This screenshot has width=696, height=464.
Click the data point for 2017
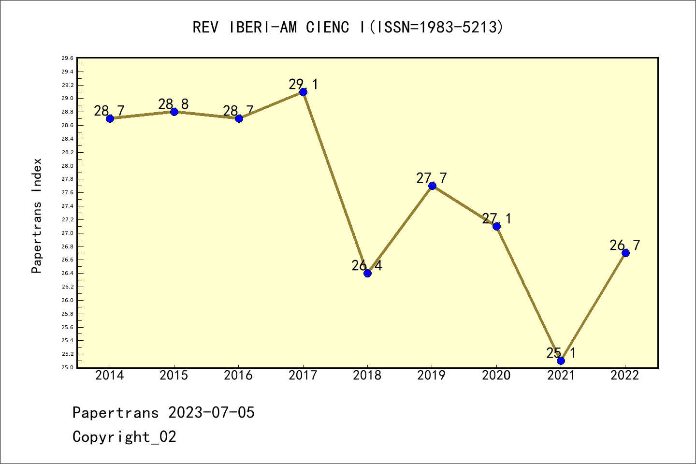[x=303, y=92]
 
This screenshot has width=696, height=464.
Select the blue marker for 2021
[x=561, y=361]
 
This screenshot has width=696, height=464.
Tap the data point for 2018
[x=367, y=273]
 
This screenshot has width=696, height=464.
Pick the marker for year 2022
[x=625, y=253]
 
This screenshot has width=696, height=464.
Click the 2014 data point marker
[x=110, y=118]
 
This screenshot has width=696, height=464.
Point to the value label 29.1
[x=304, y=85]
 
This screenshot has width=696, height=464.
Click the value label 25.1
[x=561, y=353]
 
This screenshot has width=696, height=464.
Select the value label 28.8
[x=174, y=104]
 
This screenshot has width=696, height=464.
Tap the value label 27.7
[x=432, y=178]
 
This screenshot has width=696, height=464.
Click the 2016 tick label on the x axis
[x=238, y=376]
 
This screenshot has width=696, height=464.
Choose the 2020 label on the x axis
[x=496, y=376]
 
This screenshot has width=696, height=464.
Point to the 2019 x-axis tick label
[x=432, y=376]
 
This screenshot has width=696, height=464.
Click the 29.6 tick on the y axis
[x=67, y=58]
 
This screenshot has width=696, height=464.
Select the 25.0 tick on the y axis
[x=67, y=367]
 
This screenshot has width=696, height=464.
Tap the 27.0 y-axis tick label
[x=67, y=233]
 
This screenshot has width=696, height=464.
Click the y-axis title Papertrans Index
[x=37, y=216]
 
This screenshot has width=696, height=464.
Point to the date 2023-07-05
[x=211, y=413]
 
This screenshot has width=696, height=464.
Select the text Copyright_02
[x=124, y=437]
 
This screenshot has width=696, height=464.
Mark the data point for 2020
[x=496, y=226]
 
